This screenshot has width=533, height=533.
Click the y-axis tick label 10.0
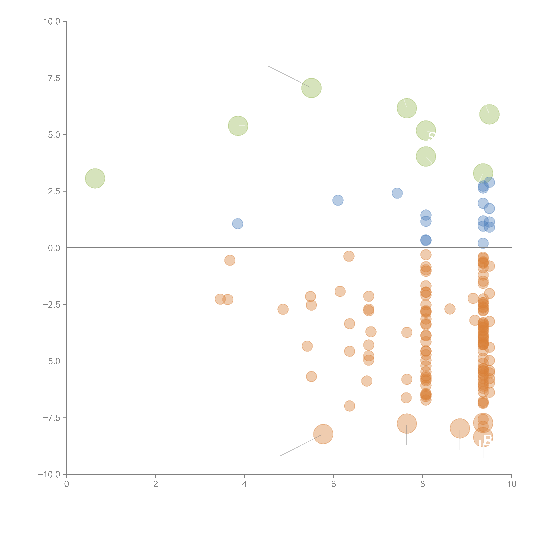52,22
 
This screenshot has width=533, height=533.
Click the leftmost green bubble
95,178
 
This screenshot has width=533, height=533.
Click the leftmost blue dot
238,223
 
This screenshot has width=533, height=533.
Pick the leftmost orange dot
220,299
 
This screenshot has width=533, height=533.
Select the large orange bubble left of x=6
323,434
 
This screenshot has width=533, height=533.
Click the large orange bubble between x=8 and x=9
460,428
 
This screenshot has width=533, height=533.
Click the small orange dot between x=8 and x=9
450,309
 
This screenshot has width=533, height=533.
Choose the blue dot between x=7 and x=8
397,193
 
